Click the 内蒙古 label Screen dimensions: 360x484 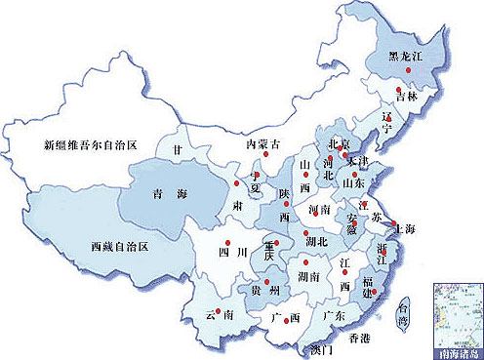pos(263,144)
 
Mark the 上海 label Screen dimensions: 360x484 pos(403,229)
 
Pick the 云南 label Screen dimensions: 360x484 pos(219,316)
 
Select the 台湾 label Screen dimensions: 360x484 pos(403,312)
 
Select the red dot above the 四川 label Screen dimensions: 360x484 pos(226,242)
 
